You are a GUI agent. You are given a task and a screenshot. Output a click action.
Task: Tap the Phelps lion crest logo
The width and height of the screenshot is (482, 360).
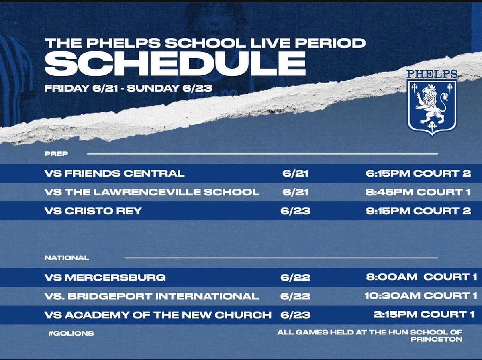point(432,107)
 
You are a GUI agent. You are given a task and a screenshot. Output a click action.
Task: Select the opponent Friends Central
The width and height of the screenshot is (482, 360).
point(115,173)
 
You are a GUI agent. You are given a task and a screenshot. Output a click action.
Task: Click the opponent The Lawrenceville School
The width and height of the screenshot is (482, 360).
point(152,192)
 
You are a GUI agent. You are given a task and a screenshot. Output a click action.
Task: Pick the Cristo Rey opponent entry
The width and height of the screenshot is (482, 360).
point(93,211)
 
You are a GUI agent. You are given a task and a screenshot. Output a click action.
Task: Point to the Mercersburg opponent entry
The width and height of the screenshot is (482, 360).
point(105,277)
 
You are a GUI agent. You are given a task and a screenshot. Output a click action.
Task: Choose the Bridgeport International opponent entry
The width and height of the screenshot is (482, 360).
point(151,296)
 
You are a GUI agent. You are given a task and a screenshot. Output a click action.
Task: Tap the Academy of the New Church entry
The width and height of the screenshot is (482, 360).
point(158,315)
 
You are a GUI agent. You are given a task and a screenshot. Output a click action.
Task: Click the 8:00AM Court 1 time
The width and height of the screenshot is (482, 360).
point(418,277)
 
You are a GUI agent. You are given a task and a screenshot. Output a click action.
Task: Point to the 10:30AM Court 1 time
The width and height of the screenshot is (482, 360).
point(417,296)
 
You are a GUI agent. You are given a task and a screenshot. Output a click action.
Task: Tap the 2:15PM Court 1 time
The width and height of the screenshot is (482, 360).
point(423,315)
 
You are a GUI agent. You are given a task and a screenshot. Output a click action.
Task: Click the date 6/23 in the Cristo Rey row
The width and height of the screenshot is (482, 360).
point(296,211)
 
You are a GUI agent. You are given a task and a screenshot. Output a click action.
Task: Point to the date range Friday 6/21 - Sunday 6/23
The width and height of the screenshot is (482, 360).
point(128,88)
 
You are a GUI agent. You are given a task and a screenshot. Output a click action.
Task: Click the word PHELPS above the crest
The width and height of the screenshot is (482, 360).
point(432,74)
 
